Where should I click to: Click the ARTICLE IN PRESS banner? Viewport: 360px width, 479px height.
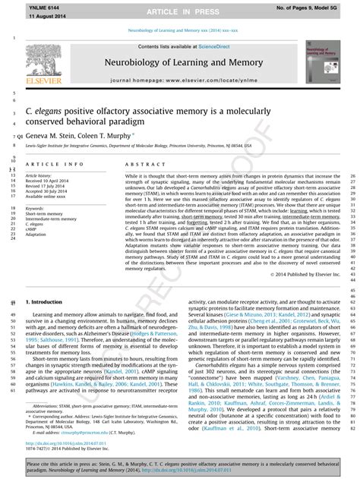click(x=179, y=12)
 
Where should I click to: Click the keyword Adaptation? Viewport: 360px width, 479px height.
click(x=36, y=235)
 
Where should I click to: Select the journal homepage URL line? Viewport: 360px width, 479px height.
click(x=179, y=80)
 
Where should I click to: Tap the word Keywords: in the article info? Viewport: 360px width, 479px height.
click(x=35, y=208)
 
